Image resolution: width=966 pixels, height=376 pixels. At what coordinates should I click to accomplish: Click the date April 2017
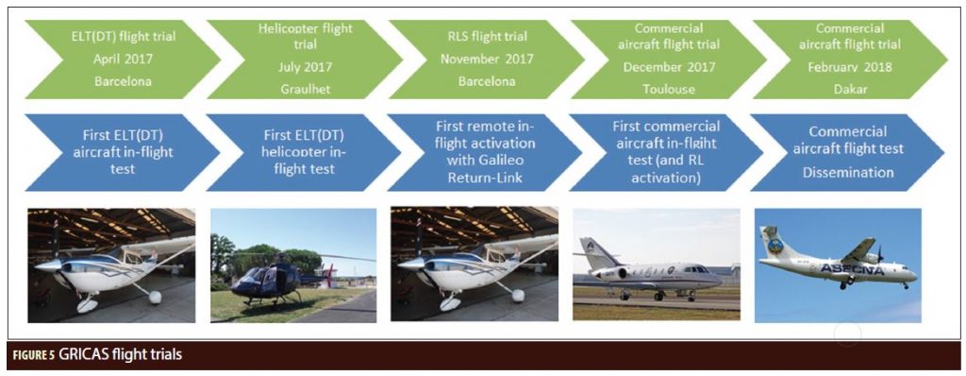coord(123,60)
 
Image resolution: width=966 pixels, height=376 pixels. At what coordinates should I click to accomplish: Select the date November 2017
coord(488,60)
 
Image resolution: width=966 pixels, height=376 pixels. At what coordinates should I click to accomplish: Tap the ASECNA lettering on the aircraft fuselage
coord(853,269)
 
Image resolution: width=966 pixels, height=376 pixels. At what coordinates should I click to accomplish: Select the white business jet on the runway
coord(651,276)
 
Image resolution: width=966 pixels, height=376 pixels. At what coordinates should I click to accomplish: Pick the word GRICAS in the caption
coord(85,355)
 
